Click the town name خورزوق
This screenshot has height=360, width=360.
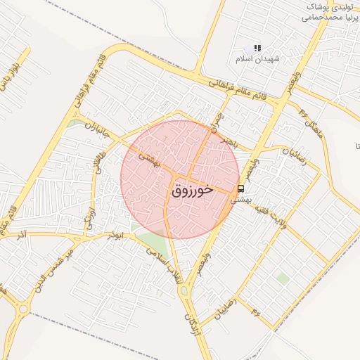click(x=191, y=190)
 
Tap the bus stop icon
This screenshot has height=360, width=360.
click(x=241, y=188)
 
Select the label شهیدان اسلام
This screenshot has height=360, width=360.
click(x=257, y=59)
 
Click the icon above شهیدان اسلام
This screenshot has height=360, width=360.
click(x=257, y=48)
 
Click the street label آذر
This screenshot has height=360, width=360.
click(x=23, y=233)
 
